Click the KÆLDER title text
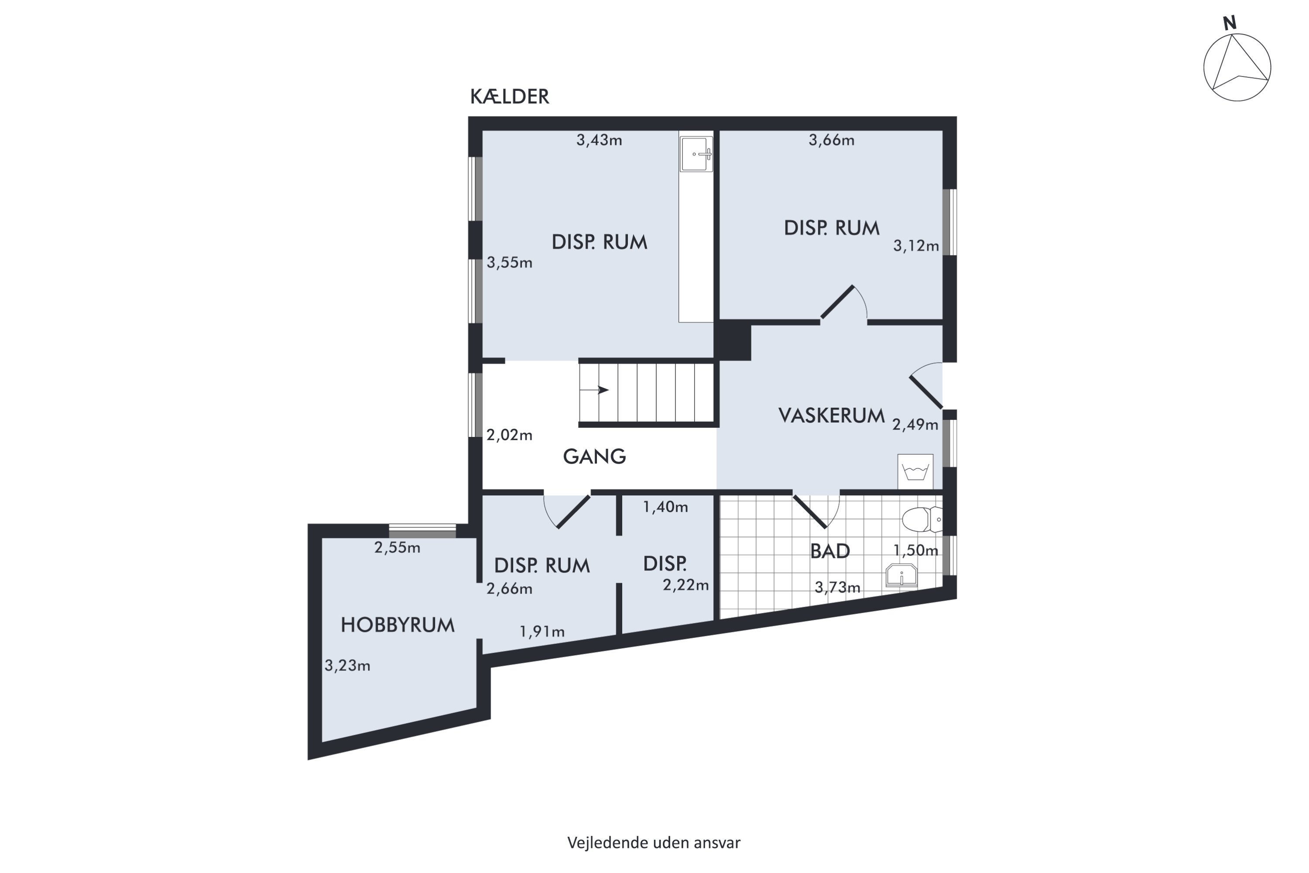(509, 97)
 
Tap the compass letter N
(1230, 23)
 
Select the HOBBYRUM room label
(397, 625)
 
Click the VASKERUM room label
(832, 416)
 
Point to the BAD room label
(830, 551)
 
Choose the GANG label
(594, 457)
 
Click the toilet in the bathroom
(922, 519)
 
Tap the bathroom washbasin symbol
(901, 575)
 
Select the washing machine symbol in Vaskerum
(915, 471)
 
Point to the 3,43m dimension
(599, 140)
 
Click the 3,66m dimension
(832, 140)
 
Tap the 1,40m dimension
(666, 507)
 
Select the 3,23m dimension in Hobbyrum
(347, 666)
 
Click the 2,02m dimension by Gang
(509, 435)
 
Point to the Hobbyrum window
(422, 531)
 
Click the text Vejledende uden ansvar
(654, 843)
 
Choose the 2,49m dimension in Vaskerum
(915, 425)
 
